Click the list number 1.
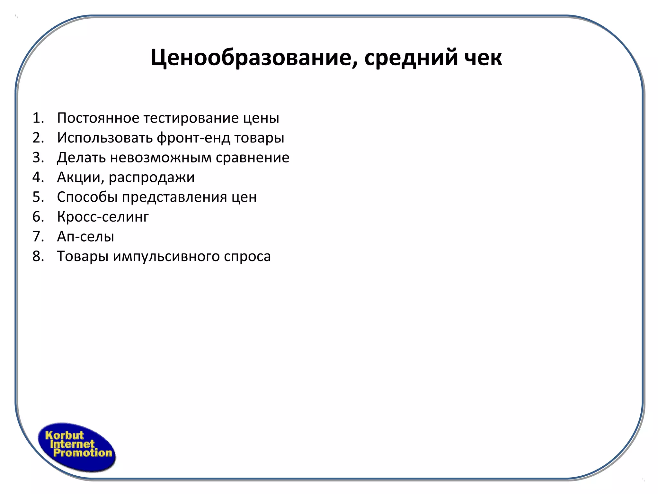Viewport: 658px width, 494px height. pos(38,118)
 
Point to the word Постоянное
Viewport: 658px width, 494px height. pos(98,118)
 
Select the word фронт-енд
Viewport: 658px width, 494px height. pos(193,138)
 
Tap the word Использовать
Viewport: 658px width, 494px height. pos(105,138)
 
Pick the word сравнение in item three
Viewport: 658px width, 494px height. pos(253,158)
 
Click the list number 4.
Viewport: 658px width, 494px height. pos(38,177)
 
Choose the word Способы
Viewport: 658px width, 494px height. pos(87,197)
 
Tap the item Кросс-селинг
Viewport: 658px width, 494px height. pos(103,217)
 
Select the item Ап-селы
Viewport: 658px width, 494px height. pos(85,237)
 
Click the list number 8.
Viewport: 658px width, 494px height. pos(38,256)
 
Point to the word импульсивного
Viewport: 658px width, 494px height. pos(166,257)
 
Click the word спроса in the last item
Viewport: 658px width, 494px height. pos(247,257)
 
